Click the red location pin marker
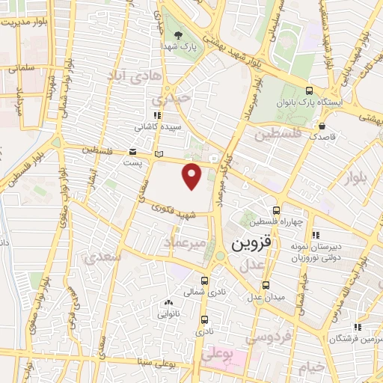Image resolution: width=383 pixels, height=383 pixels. pyautogui.click(x=193, y=175)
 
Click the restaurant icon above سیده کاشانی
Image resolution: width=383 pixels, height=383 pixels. pyautogui.click(x=156, y=115)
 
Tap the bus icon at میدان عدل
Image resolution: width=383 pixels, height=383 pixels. pyautogui.click(x=266, y=285)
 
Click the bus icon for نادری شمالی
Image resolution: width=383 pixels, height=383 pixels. pyautogui.click(x=205, y=281)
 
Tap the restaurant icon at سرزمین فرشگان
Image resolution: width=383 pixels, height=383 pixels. pyautogui.click(x=358, y=326)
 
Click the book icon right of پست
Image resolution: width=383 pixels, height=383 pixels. pyautogui.click(x=158, y=154)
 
